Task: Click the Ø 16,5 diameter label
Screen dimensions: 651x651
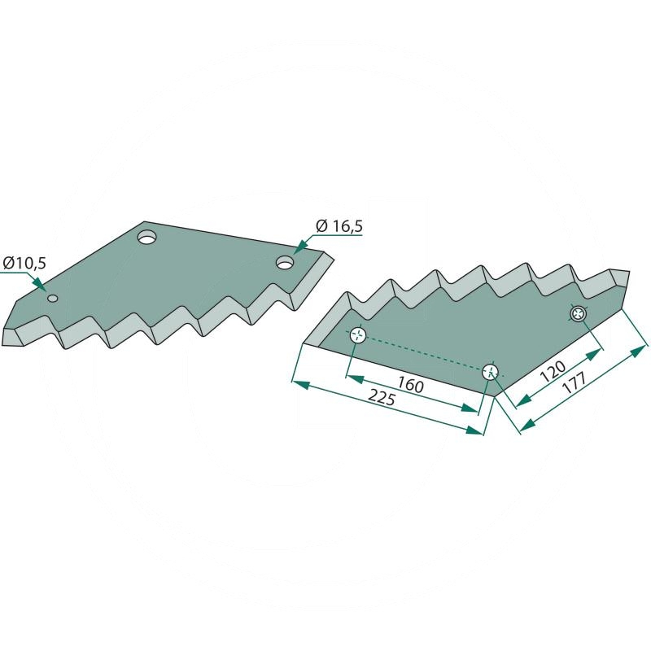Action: point(339,226)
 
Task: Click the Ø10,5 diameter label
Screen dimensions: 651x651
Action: point(24,263)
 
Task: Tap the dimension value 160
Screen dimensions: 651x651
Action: point(410,384)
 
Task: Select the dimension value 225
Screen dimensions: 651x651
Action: point(382,399)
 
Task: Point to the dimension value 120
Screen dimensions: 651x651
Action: point(553,371)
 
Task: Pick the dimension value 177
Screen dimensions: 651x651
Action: point(574,382)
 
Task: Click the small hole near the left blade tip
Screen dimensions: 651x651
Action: point(53,299)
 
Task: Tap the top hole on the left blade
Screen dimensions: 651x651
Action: point(147,238)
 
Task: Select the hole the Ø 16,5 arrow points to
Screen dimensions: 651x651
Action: point(286,262)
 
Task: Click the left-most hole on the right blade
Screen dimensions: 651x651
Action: point(357,334)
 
